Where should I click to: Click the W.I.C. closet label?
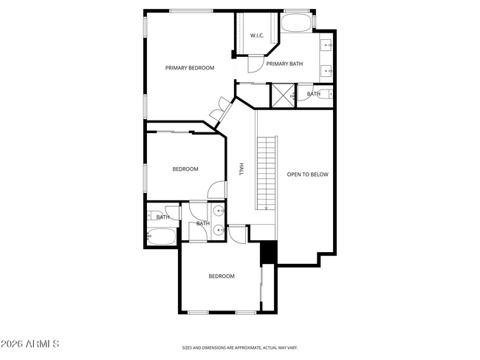(x=257, y=35)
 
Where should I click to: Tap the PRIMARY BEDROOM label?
(x=190, y=68)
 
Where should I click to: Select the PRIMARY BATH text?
(x=284, y=64)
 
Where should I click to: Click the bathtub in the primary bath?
(x=298, y=22)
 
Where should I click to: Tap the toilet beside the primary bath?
(x=300, y=95)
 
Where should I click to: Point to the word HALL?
(x=241, y=169)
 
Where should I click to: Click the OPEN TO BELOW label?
(x=307, y=174)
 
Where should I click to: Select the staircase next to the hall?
(x=267, y=172)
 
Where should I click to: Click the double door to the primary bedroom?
(x=219, y=112)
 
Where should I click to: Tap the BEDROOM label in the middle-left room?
(x=185, y=169)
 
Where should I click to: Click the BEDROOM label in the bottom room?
(x=221, y=276)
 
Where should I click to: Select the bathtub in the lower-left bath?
(x=162, y=237)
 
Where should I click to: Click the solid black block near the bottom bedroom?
(x=269, y=252)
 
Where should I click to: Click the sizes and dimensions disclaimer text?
(x=240, y=347)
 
